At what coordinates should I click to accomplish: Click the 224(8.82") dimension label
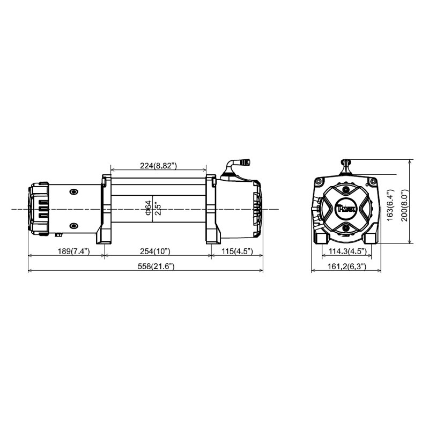click(158, 166)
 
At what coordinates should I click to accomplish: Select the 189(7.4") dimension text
click(73, 251)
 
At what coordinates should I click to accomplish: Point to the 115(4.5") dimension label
click(237, 251)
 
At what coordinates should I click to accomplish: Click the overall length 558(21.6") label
click(156, 266)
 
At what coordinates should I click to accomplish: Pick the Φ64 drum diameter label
click(148, 208)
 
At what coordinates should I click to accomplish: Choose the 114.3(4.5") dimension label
click(347, 251)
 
